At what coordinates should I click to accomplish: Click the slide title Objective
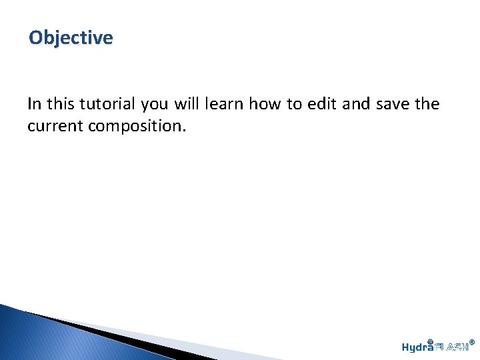click(71, 38)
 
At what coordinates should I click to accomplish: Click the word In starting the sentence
click(33, 104)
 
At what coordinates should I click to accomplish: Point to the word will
click(187, 104)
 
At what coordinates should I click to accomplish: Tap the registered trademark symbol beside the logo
click(472, 342)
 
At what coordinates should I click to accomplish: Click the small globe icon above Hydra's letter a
click(431, 341)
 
